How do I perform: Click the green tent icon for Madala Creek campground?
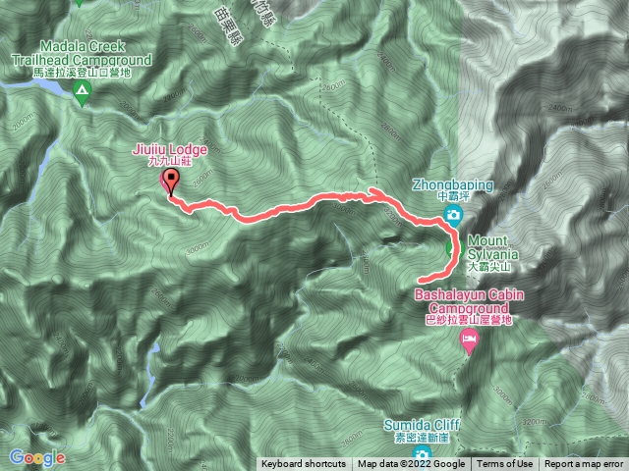tap(83, 93)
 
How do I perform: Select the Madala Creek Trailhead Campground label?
tap(82, 53)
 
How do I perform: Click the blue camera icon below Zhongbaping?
tap(453, 215)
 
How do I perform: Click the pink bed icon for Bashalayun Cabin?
tap(471, 340)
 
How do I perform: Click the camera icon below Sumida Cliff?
tap(422, 454)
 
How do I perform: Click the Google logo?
tap(37, 457)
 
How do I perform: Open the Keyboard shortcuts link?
tap(304, 464)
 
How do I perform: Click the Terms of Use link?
tap(505, 464)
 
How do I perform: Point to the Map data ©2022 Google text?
tap(411, 464)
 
